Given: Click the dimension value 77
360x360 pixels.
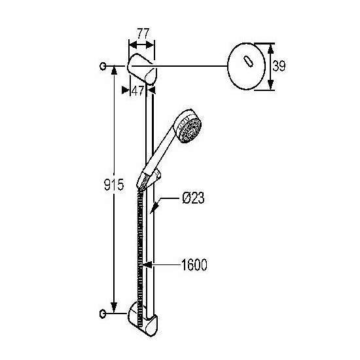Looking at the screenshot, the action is click(x=143, y=33).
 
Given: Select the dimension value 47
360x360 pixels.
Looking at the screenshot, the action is click(x=137, y=91).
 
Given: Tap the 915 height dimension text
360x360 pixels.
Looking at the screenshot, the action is click(x=114, y=185).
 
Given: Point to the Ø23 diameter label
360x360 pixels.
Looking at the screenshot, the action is click(x=193, y=198).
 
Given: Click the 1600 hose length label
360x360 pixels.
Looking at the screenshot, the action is click(x=194, y=264).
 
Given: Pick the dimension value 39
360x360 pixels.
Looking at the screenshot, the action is click(x=279, y=66).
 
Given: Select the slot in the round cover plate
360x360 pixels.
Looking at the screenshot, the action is click(x=248, y=62).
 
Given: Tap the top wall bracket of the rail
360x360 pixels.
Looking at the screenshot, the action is click(x=142, y=69).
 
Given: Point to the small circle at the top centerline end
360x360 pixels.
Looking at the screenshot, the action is click(x=103, y=66).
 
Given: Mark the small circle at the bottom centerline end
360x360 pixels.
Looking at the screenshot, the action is click(x=103, y=314).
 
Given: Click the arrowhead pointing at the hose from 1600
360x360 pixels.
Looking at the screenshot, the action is click(x=147, y=264).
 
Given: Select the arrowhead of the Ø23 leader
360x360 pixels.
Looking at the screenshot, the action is click(x=154, y=208).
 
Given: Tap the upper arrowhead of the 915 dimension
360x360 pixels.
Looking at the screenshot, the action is click(x=114, y=70).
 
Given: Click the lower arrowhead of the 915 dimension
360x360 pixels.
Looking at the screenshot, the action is click(x=114, y=308).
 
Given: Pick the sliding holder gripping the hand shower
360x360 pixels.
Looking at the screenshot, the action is click(x=149, y=179).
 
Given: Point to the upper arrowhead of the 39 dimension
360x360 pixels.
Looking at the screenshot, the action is click(x=271, y=49).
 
